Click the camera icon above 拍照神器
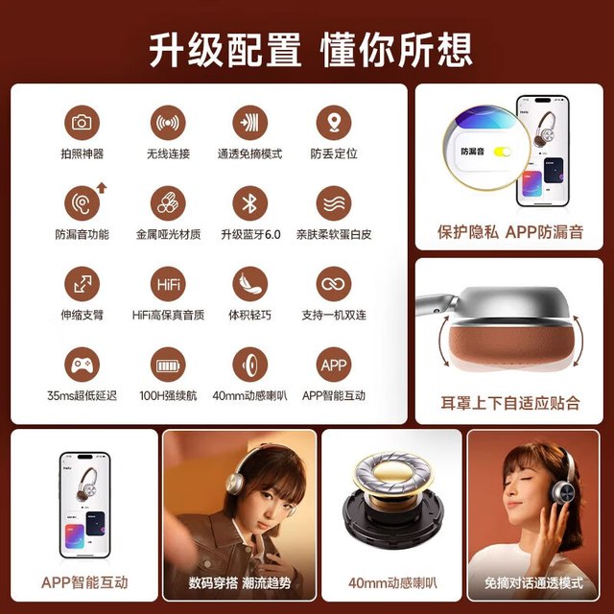point(82,123)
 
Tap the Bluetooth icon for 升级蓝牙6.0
point(249,203)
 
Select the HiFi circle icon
point(168,284)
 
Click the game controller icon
point(82,365)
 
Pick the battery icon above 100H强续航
point(168,365)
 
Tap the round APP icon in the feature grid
point(334,365)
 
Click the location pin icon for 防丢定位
point(334,123)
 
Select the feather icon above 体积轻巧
point(249,284)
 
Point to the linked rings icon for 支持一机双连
point(334,284)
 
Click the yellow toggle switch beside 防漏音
point(502,152)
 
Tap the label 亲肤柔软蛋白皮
point(334,234)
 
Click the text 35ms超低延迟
point(82,395)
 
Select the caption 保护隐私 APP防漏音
point(510,232)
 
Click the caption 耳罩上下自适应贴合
point(509,403)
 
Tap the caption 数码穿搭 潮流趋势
point(240,582)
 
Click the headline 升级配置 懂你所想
point(311,50)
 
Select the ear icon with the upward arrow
point(85,201)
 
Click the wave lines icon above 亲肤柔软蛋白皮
point(334,203)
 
